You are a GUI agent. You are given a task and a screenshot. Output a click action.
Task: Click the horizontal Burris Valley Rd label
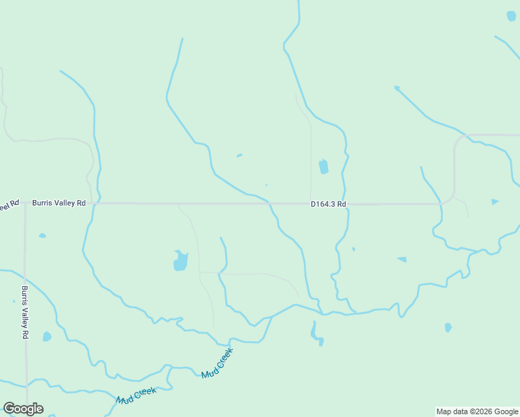(58, 204)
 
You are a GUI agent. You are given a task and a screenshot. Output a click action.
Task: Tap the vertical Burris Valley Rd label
(24, 312)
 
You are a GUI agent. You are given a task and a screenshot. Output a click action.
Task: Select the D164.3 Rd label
(328, 204)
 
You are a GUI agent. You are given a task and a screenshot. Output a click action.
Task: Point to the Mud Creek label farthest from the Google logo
(216, 363)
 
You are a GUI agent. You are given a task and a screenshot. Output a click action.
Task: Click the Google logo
(23, 409)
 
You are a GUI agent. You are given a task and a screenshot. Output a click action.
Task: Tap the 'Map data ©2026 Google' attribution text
(477, 411)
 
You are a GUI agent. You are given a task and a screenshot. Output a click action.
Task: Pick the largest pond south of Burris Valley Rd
(181, 261)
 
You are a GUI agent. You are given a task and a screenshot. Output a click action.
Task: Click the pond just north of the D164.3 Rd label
(323, 167)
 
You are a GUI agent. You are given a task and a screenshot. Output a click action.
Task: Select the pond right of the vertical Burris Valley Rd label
(47, 336)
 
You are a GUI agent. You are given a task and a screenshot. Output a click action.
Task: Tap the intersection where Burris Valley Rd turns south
(25, 204)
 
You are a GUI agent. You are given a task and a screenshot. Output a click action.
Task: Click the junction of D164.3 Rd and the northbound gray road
(311, 204)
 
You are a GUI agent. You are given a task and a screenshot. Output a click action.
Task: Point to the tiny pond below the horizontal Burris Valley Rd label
(42, 236)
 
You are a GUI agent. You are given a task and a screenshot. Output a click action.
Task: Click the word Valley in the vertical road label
(24, 313)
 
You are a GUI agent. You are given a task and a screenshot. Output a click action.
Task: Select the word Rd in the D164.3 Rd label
(341, 204)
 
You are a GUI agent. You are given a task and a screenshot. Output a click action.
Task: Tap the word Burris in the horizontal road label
(43, 204)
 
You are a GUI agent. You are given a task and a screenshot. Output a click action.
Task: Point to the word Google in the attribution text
(505, 411)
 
